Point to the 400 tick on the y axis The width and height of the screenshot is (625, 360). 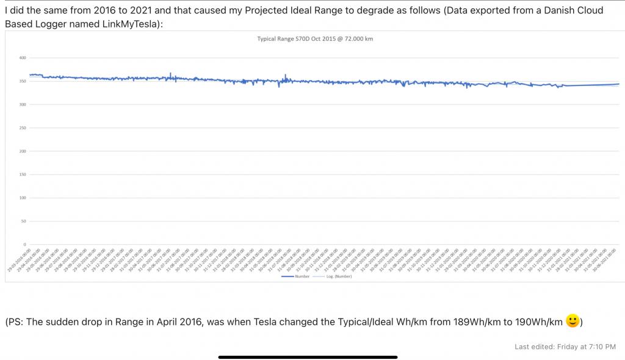(x=23, y=58)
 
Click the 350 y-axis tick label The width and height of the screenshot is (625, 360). (x=23, y=81)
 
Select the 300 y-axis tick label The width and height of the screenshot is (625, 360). (x=23, y=104)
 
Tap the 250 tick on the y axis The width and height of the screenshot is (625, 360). (x=23, y=128)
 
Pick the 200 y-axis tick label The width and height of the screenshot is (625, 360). (x=23, y=151)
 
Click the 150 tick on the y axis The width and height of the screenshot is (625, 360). (x=23, y=175)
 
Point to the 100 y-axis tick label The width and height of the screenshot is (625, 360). (x=23, y=198)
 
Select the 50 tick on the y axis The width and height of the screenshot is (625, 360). (x=24, y=221)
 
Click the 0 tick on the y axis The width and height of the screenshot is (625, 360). (x=25, y=244)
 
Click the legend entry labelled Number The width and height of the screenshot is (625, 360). (x=296, y=276)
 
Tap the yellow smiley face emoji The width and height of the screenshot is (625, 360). (x=573, y=320)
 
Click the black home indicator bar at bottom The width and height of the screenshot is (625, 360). (x=308, y=356)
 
